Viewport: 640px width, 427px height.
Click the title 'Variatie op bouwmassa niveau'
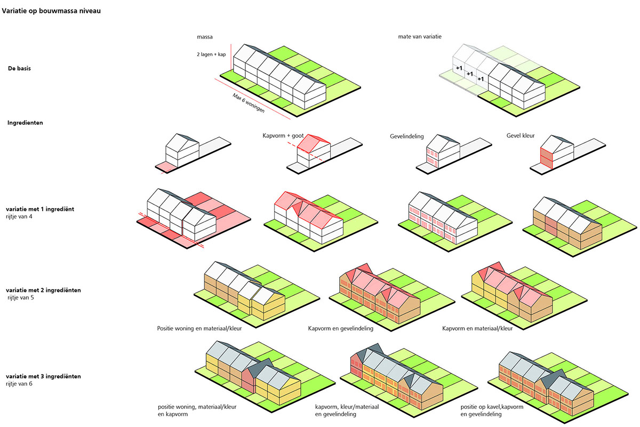pos(51,11)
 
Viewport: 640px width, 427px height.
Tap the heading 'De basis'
pos(19,68)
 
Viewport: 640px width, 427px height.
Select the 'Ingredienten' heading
pos(25,123)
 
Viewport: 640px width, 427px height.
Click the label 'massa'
pos(205,37)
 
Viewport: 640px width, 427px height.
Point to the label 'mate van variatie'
pos(420,37)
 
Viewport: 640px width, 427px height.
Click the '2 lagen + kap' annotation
pos(211,54)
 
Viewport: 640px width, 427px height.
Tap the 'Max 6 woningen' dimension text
pos(249,103)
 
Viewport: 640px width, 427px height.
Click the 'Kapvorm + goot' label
pos(283,136)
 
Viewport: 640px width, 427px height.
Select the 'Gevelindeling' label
pos(407,137)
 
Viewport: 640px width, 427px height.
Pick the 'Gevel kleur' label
pos(521,136)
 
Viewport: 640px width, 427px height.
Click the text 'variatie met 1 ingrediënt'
pos(40,209)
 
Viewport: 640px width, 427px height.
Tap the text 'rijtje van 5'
pos(21,297)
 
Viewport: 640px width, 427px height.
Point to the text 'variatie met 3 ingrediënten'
pos(43,376)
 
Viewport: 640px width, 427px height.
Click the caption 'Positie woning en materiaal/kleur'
pos(199,328)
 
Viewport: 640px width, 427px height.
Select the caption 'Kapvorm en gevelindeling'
pos(341,328)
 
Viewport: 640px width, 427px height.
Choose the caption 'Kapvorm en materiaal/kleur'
pos(477,328)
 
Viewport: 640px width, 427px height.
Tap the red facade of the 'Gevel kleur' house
pos(546,158)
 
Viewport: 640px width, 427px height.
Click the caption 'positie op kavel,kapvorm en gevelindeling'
pos(492,410)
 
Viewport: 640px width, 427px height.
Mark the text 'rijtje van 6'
pos(19,384)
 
